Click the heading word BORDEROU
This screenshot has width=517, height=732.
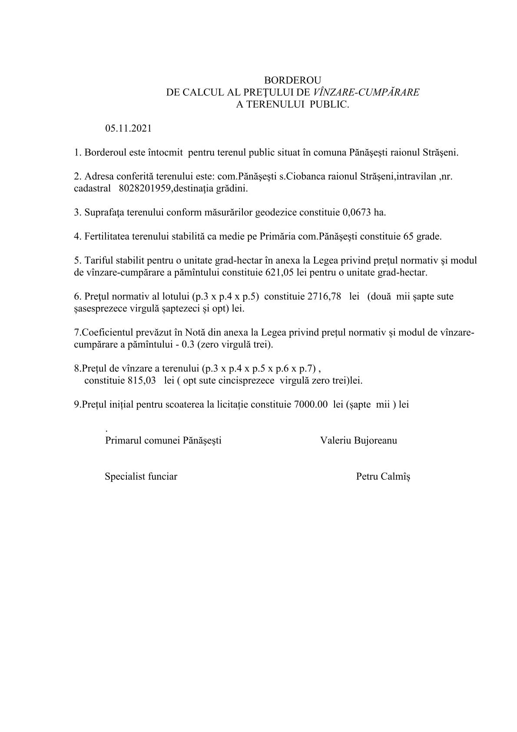pyautogui.click(x=292, y=80)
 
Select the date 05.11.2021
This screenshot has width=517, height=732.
pyautogui.click(x=128, y=128)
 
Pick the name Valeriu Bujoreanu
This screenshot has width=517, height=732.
pyautogui.click(x=358, y=440)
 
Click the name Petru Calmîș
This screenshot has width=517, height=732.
pyautogui.click(x=383, y=476)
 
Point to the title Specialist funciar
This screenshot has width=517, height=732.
pyautogui.click(x=141, y=476)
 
